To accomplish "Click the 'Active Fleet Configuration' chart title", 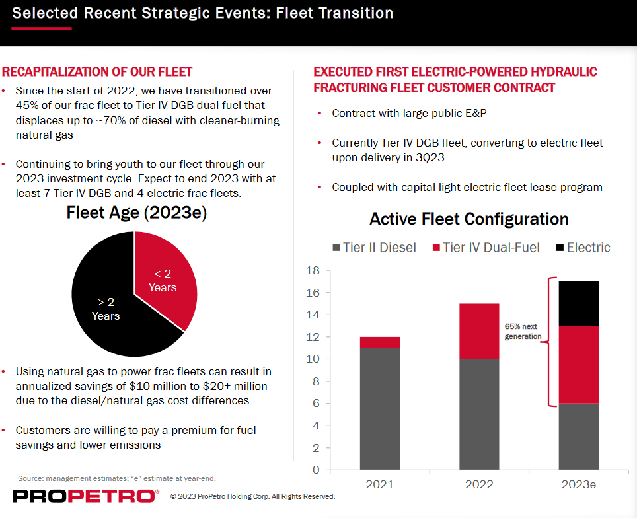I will (x=469, y=219).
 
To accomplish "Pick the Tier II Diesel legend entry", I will (x=374, y=248).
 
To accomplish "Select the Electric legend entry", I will (x=583, y=248).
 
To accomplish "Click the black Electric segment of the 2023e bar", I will (x=579, y=303).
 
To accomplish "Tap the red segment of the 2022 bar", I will (x=479, y=331).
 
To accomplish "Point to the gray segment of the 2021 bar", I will (x=380, y=408).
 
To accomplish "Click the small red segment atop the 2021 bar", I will (x=380, y=342).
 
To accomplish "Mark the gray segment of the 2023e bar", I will (x=579, y=436).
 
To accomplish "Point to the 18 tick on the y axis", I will (x=313, y=270).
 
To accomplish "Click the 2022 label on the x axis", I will (x=479, y=484).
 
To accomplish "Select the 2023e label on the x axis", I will (x=579, y=484).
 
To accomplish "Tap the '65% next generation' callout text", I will (x=523, y=332).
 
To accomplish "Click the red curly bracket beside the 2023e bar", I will (x=548, y=342).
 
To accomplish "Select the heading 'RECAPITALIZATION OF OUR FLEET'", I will (x=98, y=72).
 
